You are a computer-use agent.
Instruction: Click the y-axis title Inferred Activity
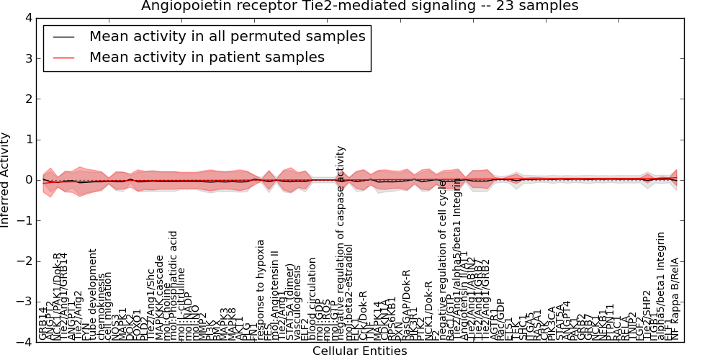point(6,180)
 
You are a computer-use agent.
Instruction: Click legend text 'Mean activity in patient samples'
point(207,58)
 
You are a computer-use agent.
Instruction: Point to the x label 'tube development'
point(92,294)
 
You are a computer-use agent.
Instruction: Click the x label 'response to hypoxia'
point(261,289)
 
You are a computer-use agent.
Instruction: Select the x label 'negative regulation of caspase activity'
point(341,243)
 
